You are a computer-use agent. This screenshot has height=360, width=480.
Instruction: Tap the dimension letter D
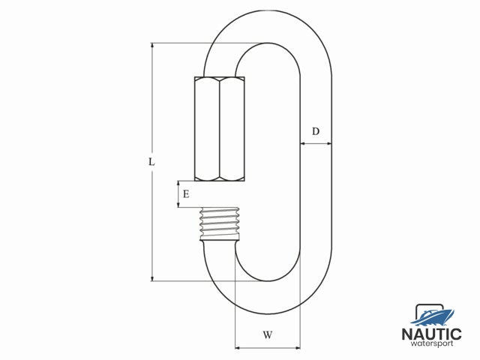(316, 132)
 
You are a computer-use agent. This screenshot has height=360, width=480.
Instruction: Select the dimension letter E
(185, 194)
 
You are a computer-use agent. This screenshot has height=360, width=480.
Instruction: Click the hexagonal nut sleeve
(220, 128)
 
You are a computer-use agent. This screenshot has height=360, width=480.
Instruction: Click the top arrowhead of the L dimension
(152, 46)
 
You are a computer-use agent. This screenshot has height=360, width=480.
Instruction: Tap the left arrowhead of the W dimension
(238, 348)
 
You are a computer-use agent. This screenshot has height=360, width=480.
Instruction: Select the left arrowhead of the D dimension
(302, 143)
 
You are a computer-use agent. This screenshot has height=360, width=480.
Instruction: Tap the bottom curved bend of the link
(268, 297)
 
